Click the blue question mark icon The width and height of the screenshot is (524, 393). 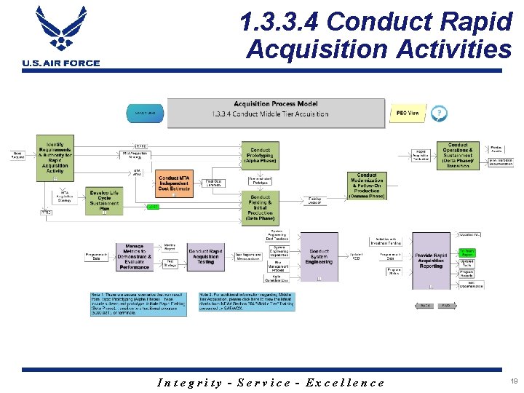point(439,113)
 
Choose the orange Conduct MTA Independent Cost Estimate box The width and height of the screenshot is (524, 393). point(175,183)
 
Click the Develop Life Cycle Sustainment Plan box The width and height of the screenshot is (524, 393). point(104,200)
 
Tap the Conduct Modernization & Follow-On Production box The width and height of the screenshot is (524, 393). point(367,186)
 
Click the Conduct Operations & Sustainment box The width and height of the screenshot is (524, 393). point(458,155)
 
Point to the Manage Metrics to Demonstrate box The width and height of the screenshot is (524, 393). point(134,257)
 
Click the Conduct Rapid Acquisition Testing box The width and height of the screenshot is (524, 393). point(206,256)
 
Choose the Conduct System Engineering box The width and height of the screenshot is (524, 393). point(319,257)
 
